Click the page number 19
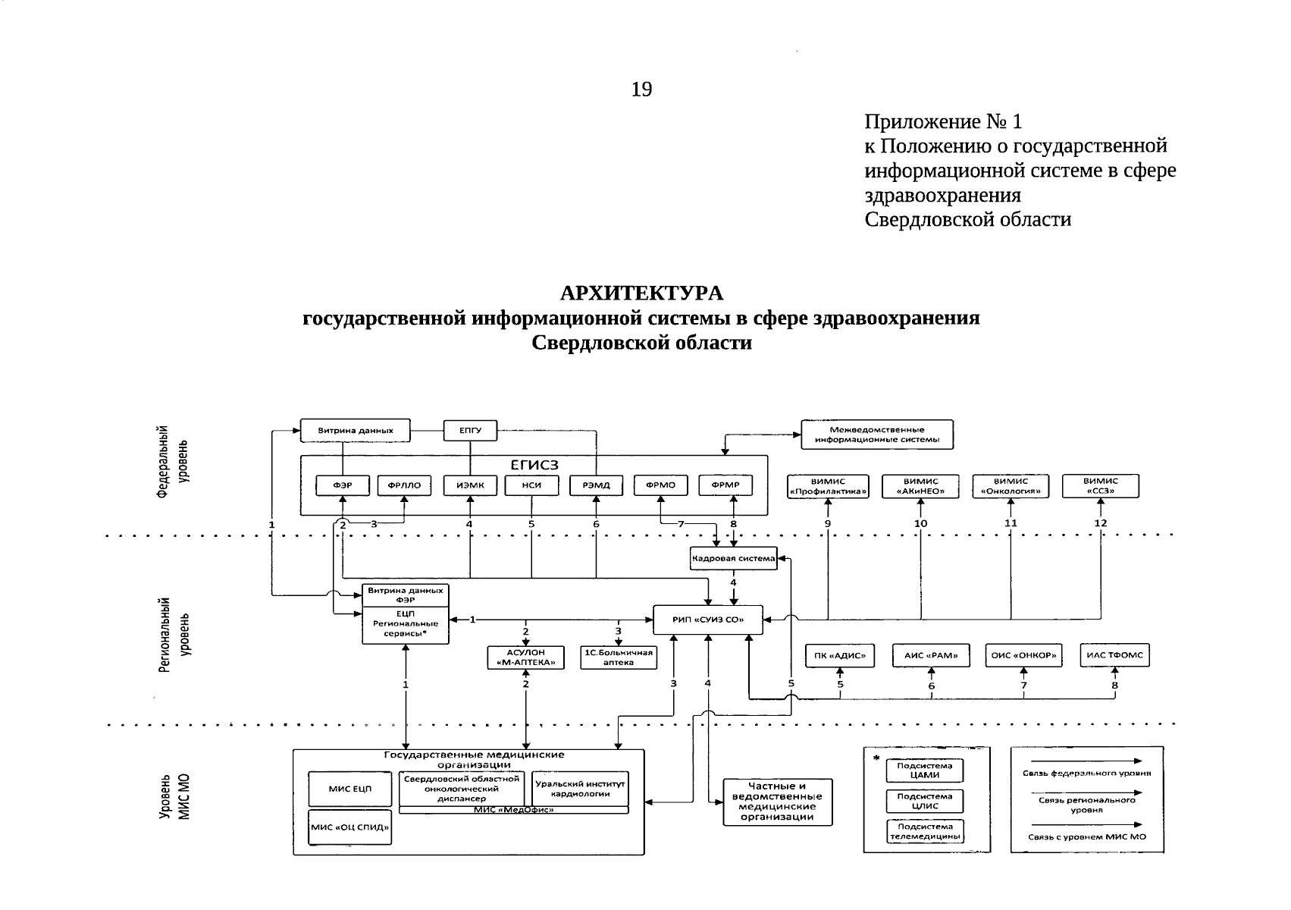point(641,90)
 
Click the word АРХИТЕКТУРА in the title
point(641,293)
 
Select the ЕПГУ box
point(470,431)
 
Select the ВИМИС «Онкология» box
point(1011,486)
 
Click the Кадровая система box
point(733,559)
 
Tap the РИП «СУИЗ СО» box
point(708,620)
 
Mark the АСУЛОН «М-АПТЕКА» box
point(526,657)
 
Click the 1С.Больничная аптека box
point(619,657)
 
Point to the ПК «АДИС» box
point(839,656)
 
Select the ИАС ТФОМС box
point(1114,656)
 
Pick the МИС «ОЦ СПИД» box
point(350,827)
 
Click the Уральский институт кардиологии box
point(580,789)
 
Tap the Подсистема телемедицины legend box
point(925,832)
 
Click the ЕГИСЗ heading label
point(534,464)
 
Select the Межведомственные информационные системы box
point(877,435)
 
